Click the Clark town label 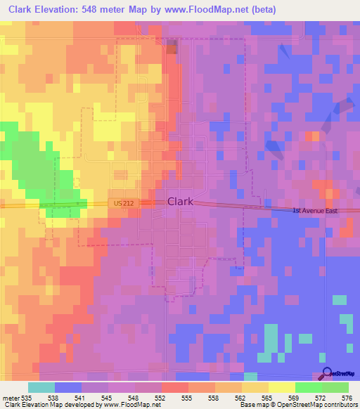(180, 202)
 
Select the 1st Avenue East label (316, 210)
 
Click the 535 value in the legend (27, 398)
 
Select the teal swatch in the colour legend (41, 387)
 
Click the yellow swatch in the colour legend (282, 387)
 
